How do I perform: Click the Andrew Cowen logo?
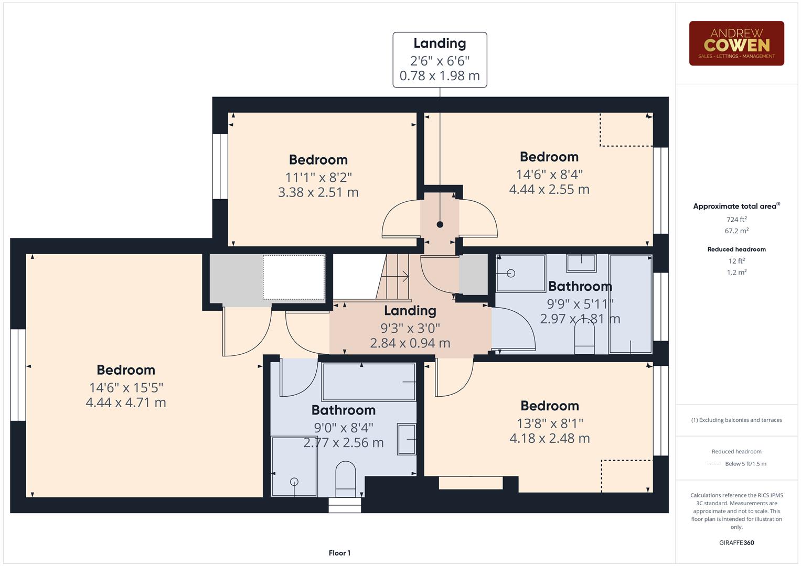736,43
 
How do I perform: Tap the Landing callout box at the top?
440,60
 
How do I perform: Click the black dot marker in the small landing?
440,224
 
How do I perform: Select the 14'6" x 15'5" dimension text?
126,388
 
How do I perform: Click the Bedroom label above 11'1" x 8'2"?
318,160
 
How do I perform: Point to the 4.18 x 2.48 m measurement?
549,438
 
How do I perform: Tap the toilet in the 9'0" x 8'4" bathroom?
345,478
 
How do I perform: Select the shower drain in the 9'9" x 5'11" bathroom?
511,274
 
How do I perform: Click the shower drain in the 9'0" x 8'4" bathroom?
294,482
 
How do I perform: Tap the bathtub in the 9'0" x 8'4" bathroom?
369,382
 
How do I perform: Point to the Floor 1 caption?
339,553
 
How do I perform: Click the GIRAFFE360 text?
736,542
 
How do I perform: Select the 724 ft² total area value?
736,220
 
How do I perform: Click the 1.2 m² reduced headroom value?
736,272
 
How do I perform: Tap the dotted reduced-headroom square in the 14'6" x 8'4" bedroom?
626,130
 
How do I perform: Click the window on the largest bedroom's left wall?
18,375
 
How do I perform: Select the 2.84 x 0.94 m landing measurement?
410,343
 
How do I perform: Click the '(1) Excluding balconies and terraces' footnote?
736,420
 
